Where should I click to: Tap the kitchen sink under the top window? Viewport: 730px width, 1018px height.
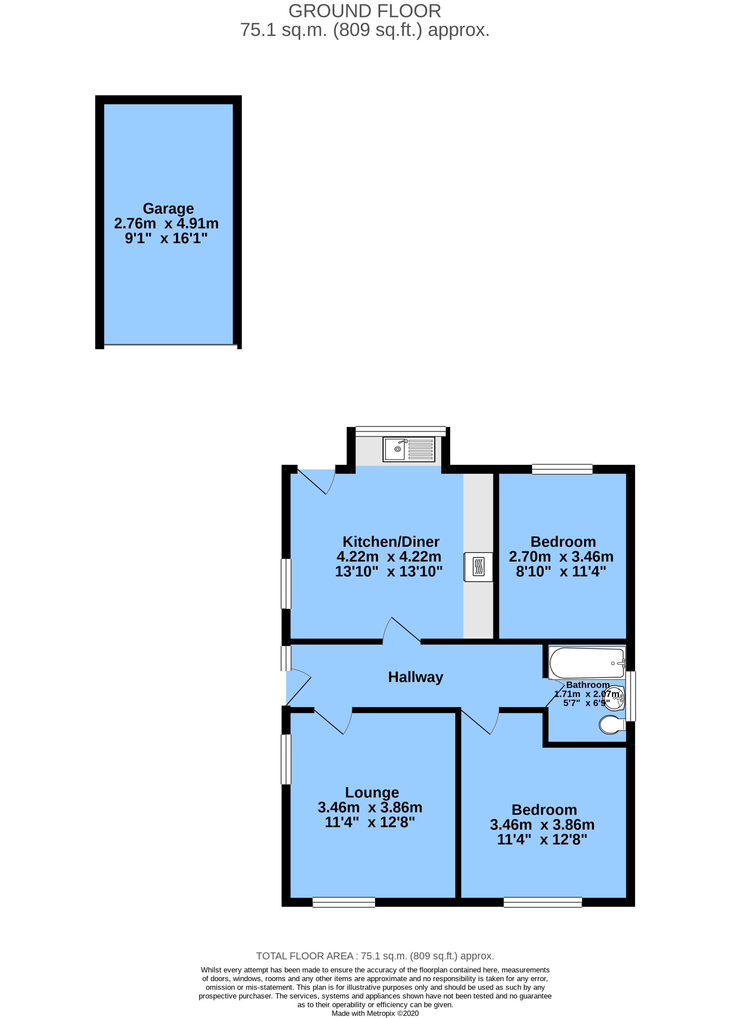408,449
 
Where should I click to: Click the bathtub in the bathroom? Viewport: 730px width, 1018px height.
586,663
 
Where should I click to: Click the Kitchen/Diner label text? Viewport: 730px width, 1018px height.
390,541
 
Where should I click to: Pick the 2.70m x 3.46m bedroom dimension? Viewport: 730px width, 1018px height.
561,557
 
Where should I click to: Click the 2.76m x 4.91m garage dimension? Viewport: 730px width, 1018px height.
166,223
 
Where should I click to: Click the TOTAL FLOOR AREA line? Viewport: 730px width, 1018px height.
375,956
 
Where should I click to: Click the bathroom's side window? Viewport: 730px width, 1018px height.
630,696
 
